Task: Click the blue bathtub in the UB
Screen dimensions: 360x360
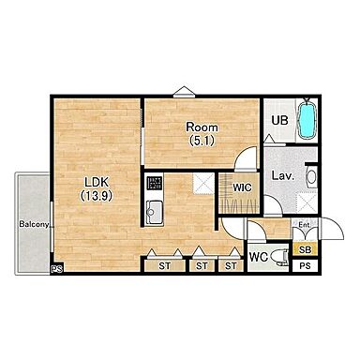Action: pyautogui.click(x=307, y=119)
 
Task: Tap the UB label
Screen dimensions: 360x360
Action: pyautogui.click(x=279, y=120)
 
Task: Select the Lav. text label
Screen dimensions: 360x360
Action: pyautogui.click(x=283, y=175)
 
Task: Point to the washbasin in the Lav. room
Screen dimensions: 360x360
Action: pyautogui.click(x=311, y=176)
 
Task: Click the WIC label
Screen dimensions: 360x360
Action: pyautogui.click(x=242, y=187)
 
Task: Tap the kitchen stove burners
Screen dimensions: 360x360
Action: pyautogui.click(x=155, y=183)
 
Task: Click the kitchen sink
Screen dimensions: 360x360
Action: pyautogui.click(x=154, y=212)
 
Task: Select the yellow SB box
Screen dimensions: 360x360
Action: pyautogui.click(x=305, y=249)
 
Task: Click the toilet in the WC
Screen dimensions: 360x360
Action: pyautogui.click(x=280, y=258)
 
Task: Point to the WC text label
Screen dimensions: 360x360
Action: pyautogui.click(x=259, y=257)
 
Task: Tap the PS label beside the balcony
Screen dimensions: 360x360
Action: pyautogui.click(x=57, y=269)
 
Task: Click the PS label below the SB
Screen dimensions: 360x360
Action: pyautogui.click(x=305, y=266)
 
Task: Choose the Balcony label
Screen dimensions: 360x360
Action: pyautogui.click(x=34, y=224)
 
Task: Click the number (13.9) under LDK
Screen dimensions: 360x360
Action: pyautogui.click(x=97, y=196)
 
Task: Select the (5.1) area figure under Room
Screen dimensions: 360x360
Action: pyautogui.click(x=202, y=141)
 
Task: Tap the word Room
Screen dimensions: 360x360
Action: pyautogui.click(x=202, y=127)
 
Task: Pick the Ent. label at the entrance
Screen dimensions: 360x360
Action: pyautogui.click(x=304, y=225)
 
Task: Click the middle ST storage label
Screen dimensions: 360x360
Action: pyautogui.click(x=202, y=266)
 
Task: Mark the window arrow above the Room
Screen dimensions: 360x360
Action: pyautogui.click(x=185, y=92)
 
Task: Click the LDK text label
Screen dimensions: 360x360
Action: pyautogui.click(x=97, y=182)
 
